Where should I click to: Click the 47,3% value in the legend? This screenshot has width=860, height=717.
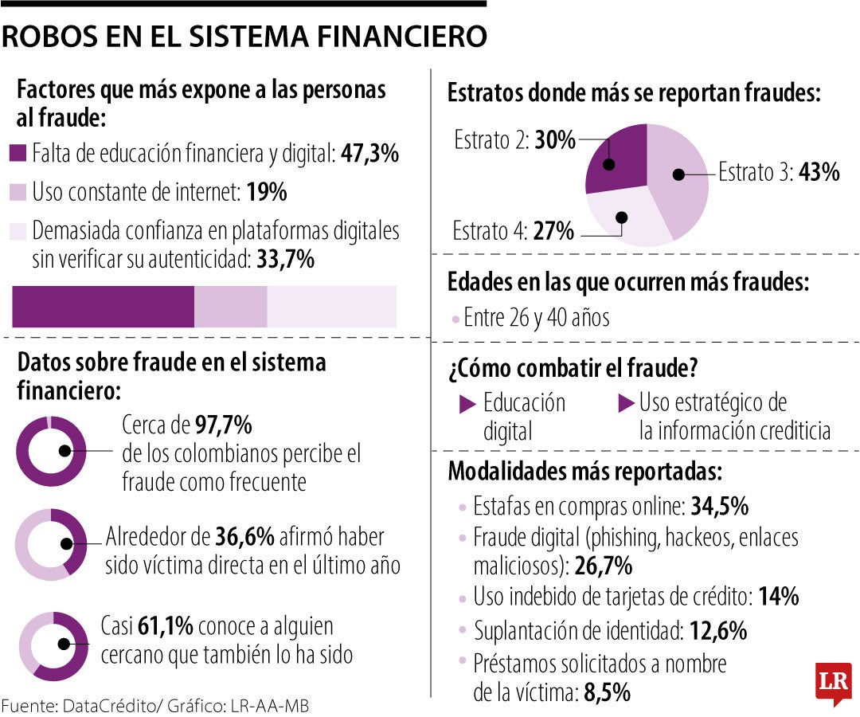click(369, 154)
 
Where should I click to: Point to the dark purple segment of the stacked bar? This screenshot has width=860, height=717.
click(103, 307)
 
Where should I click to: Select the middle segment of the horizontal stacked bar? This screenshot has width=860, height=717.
click(230, 307)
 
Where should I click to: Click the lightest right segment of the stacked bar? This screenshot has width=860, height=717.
click(331, 307)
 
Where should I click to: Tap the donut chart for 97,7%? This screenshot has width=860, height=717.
click(51, 451)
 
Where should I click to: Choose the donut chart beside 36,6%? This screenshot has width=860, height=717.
click(51, 544)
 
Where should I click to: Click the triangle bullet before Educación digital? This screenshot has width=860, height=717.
click(468, 405)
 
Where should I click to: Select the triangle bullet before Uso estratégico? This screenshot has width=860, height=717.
click(626, 404)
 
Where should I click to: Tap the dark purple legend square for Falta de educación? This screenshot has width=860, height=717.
click(19, 154)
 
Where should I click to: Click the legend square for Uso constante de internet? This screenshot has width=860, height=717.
click(19, 192)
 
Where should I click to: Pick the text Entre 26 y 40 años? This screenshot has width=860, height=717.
click(536, 318)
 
